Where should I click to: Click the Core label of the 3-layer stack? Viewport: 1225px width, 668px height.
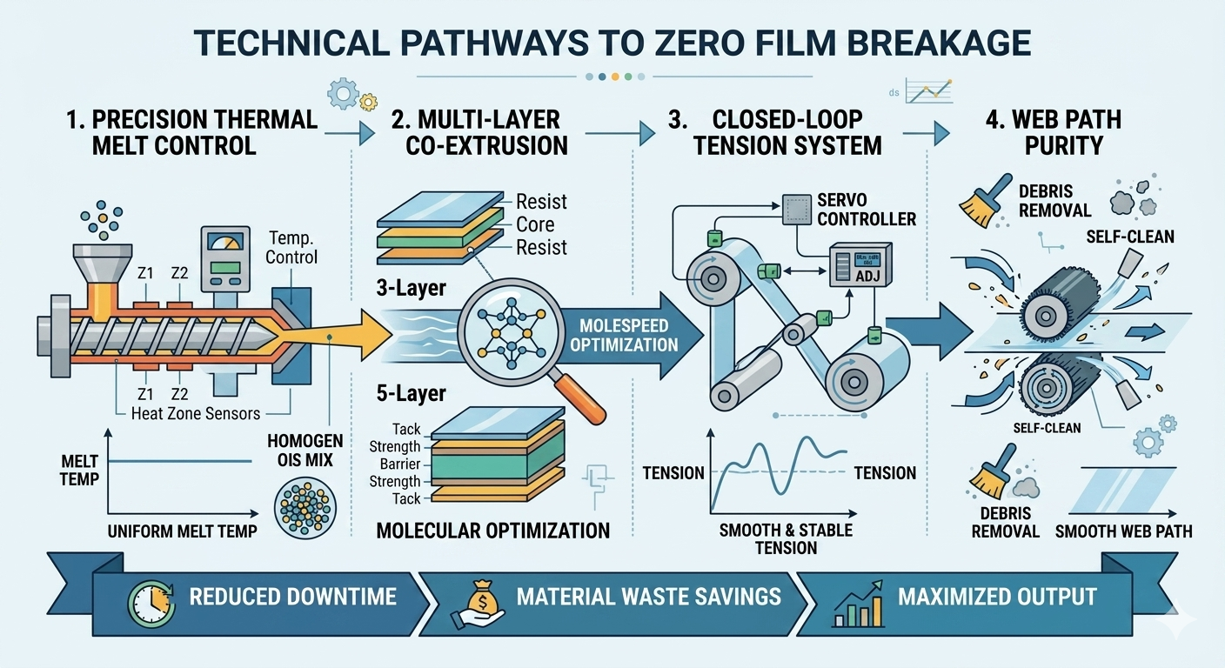click(x=535, y=224)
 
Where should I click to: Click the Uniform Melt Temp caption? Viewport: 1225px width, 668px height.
click(x=182, y=530)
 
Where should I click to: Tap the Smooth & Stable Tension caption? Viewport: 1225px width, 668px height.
click(x=786, y=538)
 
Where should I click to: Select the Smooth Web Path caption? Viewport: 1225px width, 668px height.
click(x=1122, y=530)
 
